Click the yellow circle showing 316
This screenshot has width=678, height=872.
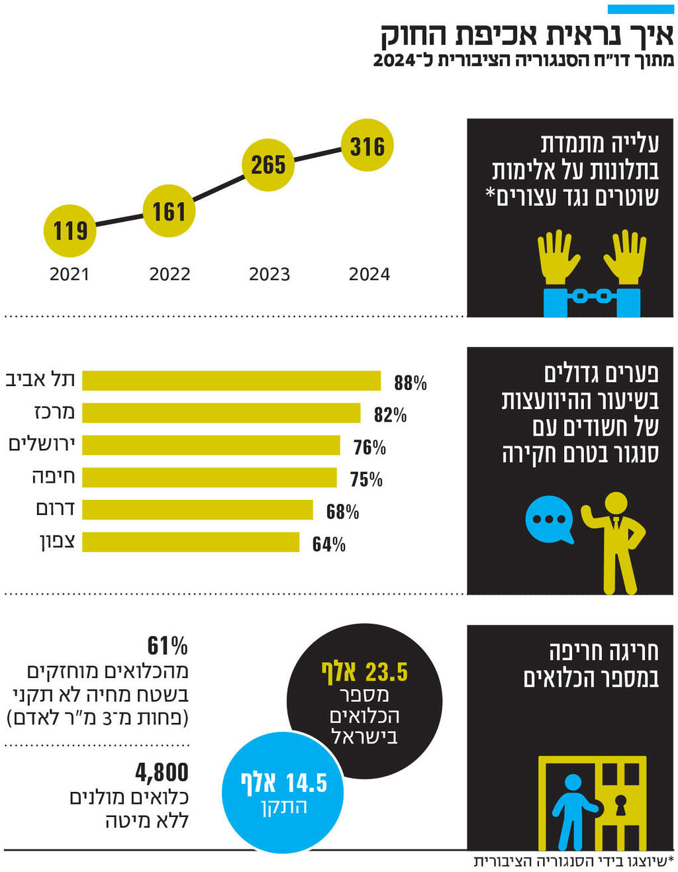tap(367, 146)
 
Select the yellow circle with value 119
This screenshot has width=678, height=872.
tap(70, 231)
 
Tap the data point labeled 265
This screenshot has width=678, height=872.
tap(267, 165)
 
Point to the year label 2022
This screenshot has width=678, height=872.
tap(169, 274)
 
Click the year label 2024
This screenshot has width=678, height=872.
tap(369, 274)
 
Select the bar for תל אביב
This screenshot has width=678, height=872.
tap(231, 381)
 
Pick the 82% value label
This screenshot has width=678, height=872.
tap(390, 415)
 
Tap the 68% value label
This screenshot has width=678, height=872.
tap(342, 512)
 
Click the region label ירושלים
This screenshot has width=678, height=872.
tap(42, 444)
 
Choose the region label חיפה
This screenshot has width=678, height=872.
tap(54, 477)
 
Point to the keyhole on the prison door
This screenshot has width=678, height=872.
tap(620, 804)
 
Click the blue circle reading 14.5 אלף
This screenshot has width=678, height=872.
tap(283, 793)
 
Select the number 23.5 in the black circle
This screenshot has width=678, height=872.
tap(387, 673)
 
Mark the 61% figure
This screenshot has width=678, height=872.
tap(168, 646)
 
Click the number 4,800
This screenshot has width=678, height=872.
tap(162, 772)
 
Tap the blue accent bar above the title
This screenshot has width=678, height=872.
tap(640, 9)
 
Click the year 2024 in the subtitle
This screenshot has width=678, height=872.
tap(395, 60)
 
